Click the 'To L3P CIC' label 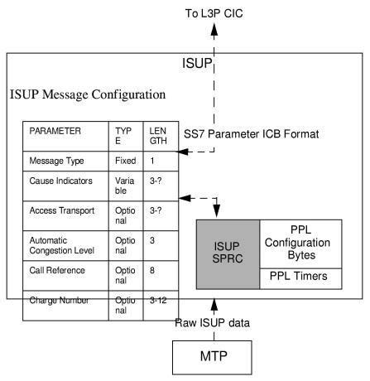point(214,13)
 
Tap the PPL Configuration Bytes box point(300,241)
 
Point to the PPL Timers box point(300,275)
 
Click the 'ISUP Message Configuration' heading point(88,95)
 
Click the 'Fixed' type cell point(125,160)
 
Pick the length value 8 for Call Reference point(153,270)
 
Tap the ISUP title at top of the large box point(197,64)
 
